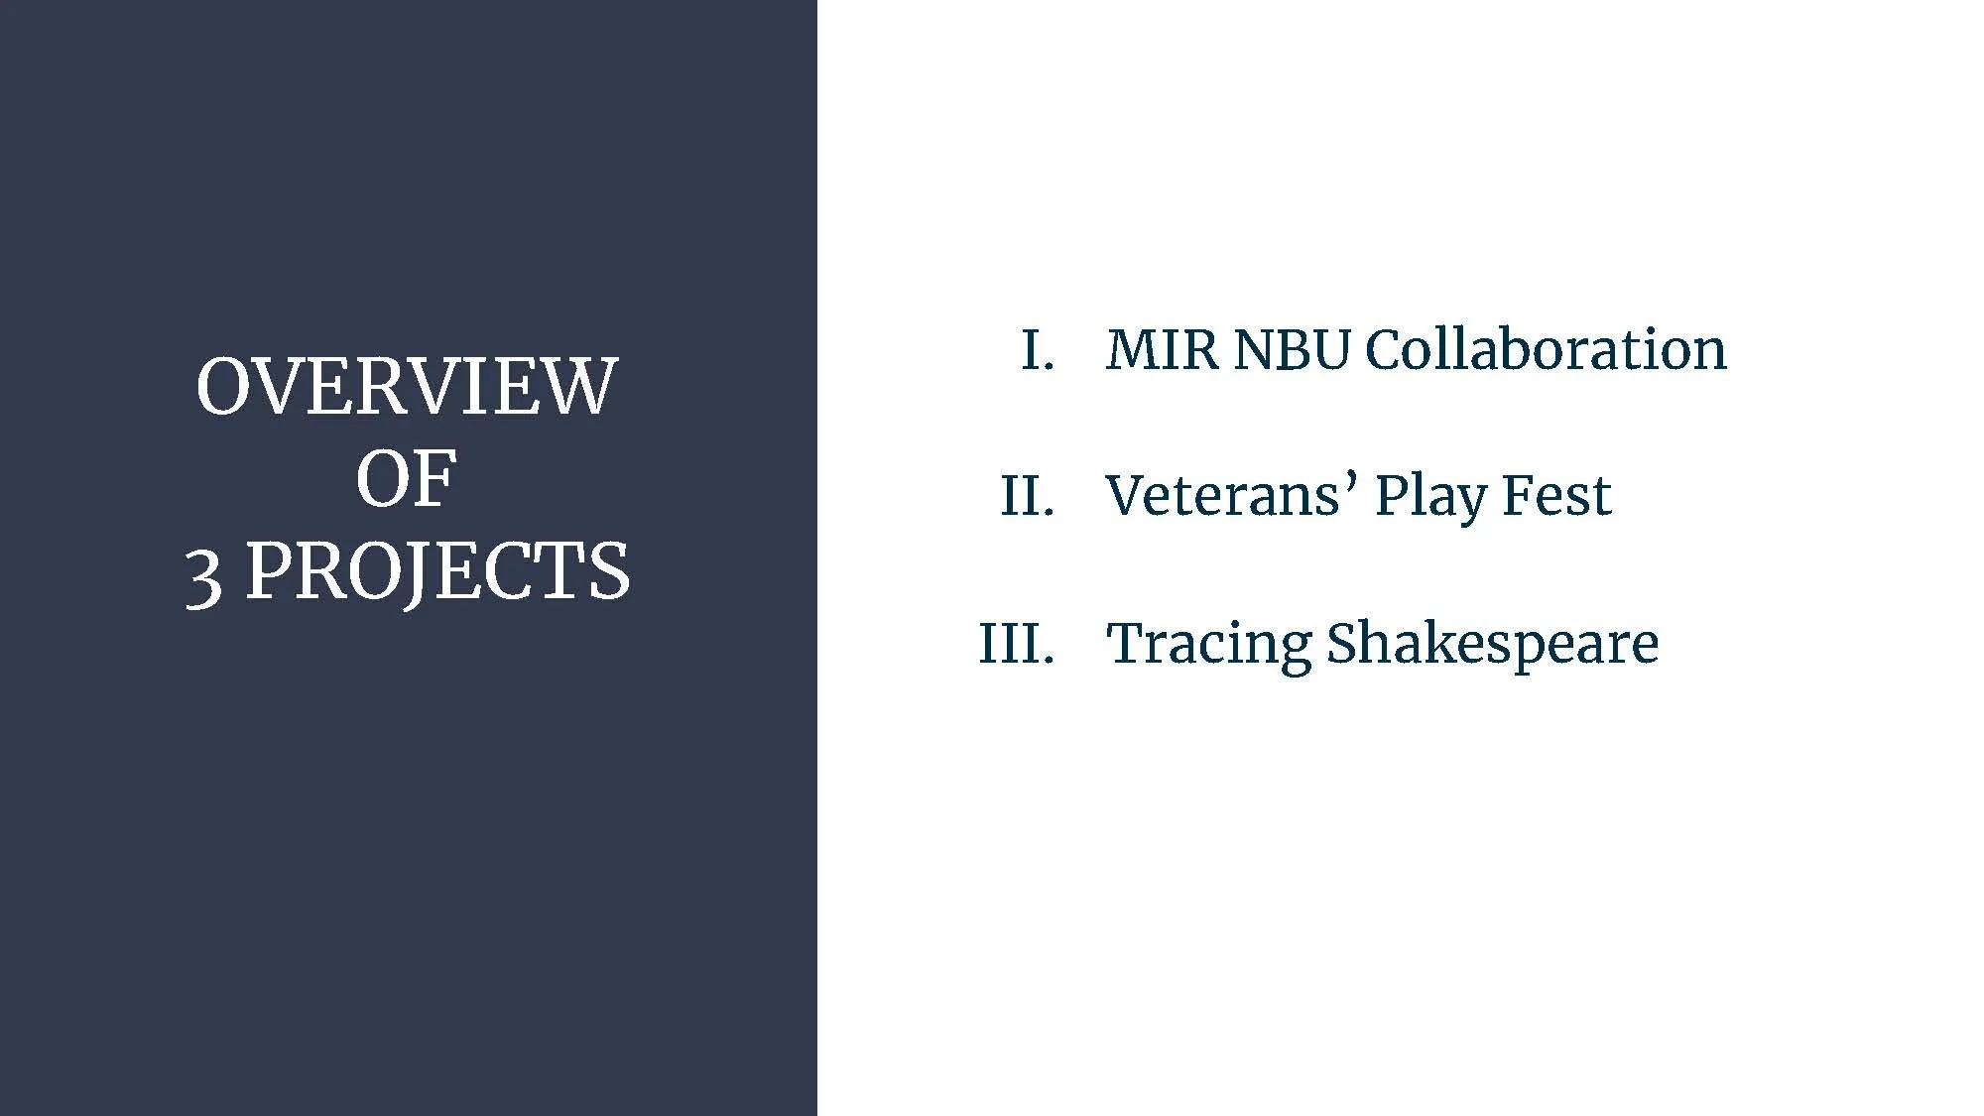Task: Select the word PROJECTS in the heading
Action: click(437, 572)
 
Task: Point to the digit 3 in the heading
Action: click(203, 576)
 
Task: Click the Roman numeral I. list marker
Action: click(1037, 350)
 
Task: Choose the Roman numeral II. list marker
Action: click(1027, 496)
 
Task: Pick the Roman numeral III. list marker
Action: click(1016, 643)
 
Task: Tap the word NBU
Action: click(1292, 350)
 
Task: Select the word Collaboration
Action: click(1546, 350)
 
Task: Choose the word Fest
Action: click(1556, 496)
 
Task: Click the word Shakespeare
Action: click(1492, 645)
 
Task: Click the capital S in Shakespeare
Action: click(1341, 643)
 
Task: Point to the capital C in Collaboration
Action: click(1385, 350)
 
